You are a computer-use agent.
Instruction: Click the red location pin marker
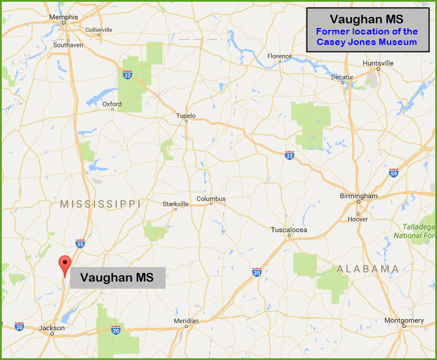coord(64,265)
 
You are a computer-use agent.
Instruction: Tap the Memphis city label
coord(64,18)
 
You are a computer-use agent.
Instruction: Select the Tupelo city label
coord(185,116)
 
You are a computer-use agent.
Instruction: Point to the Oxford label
coord(112,104)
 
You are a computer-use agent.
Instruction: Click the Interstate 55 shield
coord(80,243)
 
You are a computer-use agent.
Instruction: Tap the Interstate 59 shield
coord(394,173)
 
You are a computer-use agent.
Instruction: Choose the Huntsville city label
coord(378,63)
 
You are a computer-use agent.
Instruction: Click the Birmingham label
coord(359,196)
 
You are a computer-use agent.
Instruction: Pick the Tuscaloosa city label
coord(289,230)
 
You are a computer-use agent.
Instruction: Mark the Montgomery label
coord(404,320)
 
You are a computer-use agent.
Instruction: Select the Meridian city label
coord(187,321)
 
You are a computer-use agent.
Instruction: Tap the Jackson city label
coord(51,328)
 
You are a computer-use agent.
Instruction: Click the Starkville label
coord(176,204)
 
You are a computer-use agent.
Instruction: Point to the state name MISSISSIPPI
coord(101,204)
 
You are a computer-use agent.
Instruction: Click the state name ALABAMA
coord(368,269)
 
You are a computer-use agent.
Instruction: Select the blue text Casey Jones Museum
coord(367,41)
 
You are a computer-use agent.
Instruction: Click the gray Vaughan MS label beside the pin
coord(117,278)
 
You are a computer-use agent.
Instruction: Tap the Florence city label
coord(280,57)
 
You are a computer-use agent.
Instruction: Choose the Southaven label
coord(67,44)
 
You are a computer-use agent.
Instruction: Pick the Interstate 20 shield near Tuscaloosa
coord(256,272)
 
